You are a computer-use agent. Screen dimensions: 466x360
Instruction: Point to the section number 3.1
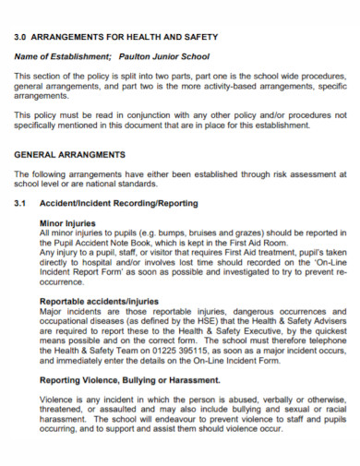22,203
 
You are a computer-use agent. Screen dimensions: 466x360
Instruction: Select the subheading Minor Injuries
66,223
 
